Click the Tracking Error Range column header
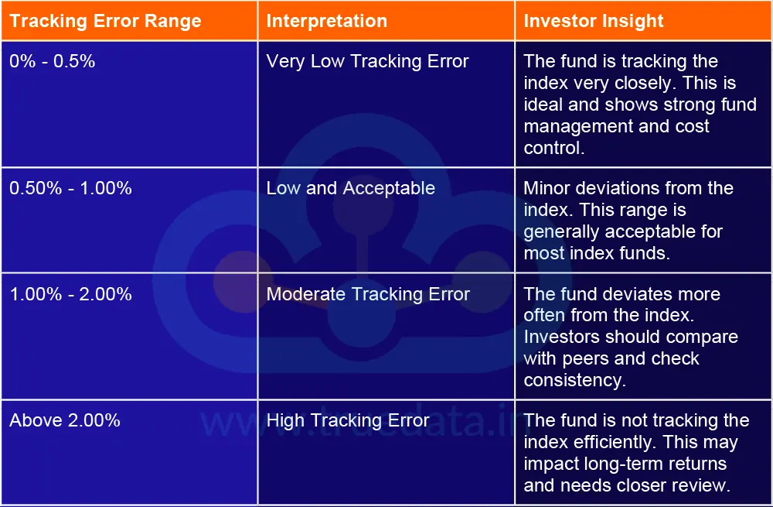[x=105, y=21]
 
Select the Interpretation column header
[x=326, y=21]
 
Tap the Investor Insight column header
[x=593, y=21]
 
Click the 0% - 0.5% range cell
[x=53, y=61]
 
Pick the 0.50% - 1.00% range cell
[x=70, y=188]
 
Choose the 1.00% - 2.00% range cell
[x=70, y=294]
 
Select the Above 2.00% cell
[x=65, y=420]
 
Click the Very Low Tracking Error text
[x=367, y=61]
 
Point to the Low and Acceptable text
[x=350, y=188]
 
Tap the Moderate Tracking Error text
[x=368, y=294]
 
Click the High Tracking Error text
[x=347, y=420]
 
